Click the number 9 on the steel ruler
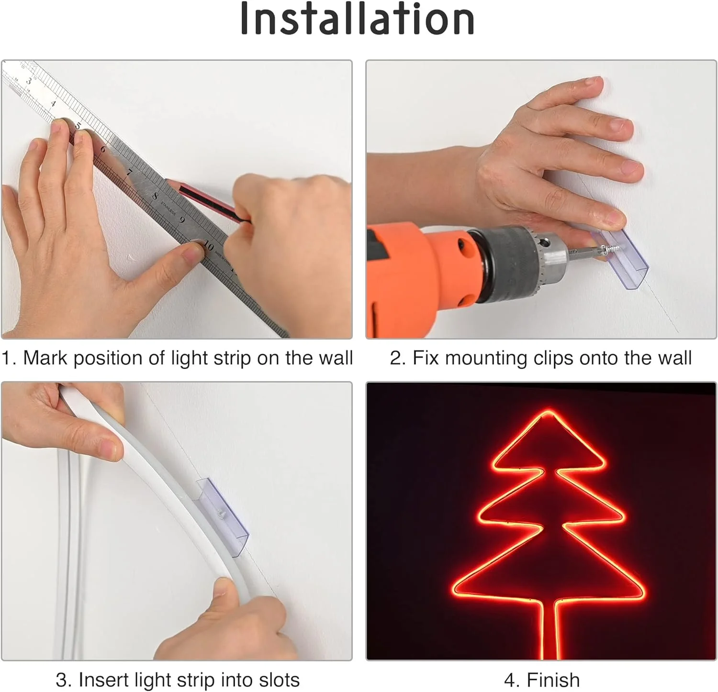click(182, 220)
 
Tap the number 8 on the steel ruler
click(155, 195)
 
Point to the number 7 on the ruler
click(129, 172)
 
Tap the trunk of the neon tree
click(550, 631)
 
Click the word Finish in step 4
click(553, 680)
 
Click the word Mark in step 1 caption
click(45, 358)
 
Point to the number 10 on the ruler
click(208, 246)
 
